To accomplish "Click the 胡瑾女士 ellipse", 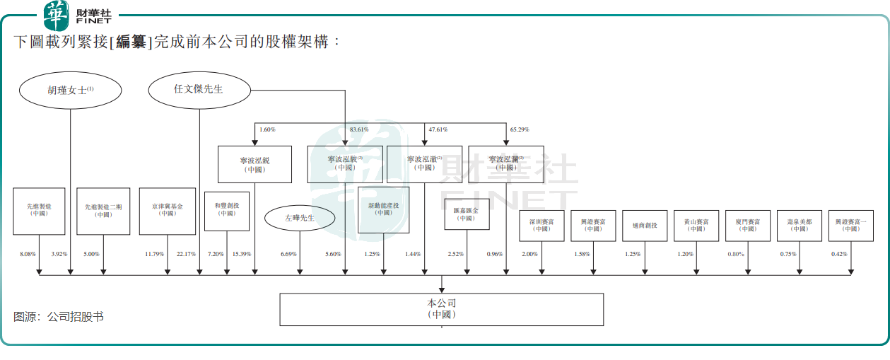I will [71, 90].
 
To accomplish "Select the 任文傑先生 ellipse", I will [199, 89].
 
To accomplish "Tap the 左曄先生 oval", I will [299, 218].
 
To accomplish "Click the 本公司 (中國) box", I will [442, 309].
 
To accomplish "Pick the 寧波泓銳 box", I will [254, 165].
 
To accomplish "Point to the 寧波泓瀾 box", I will [506, 164].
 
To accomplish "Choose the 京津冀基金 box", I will [168, 211].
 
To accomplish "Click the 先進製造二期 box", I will [104, 211].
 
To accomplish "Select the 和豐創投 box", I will [227, 211].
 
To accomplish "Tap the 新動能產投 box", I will [384, 210].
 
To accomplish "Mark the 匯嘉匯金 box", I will [467, 214].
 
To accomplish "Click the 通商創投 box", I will [645, 226].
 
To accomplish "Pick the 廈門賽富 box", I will [748, 226].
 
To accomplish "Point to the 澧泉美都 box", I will [800, 226].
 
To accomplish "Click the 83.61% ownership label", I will [359, 129].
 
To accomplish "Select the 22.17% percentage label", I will [186, 254].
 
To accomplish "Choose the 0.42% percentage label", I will [839, 254].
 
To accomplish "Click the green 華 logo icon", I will [57, 15].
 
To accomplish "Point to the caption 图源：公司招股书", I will [59, 317].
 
